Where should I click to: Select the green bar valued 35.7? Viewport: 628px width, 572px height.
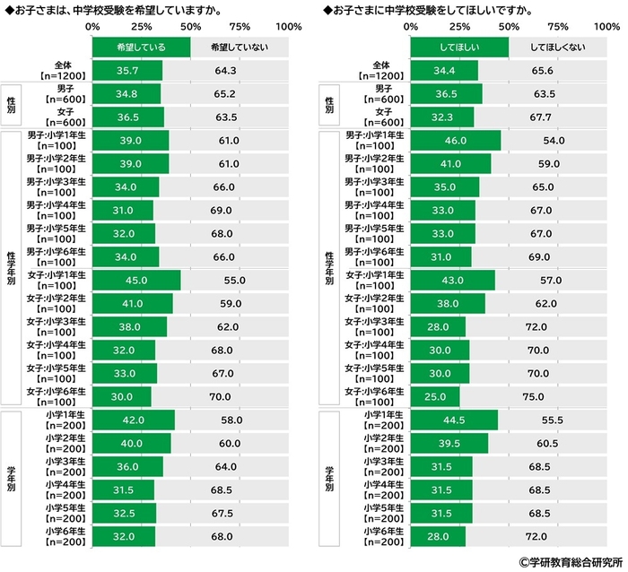[x=126, y=70]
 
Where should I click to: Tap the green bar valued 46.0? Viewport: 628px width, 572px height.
[x=455, y=140]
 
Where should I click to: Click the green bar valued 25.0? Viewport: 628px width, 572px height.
[x=434, y=395]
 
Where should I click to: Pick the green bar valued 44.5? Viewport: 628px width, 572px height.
[x=454, y=420]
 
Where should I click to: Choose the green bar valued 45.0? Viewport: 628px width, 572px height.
[x=135, y=280]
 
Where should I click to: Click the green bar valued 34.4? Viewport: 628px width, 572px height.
[x=444, y=70]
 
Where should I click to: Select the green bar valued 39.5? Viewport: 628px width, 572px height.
[x=449, y=443]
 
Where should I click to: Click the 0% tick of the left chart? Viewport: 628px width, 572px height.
[x=92, y=26]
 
